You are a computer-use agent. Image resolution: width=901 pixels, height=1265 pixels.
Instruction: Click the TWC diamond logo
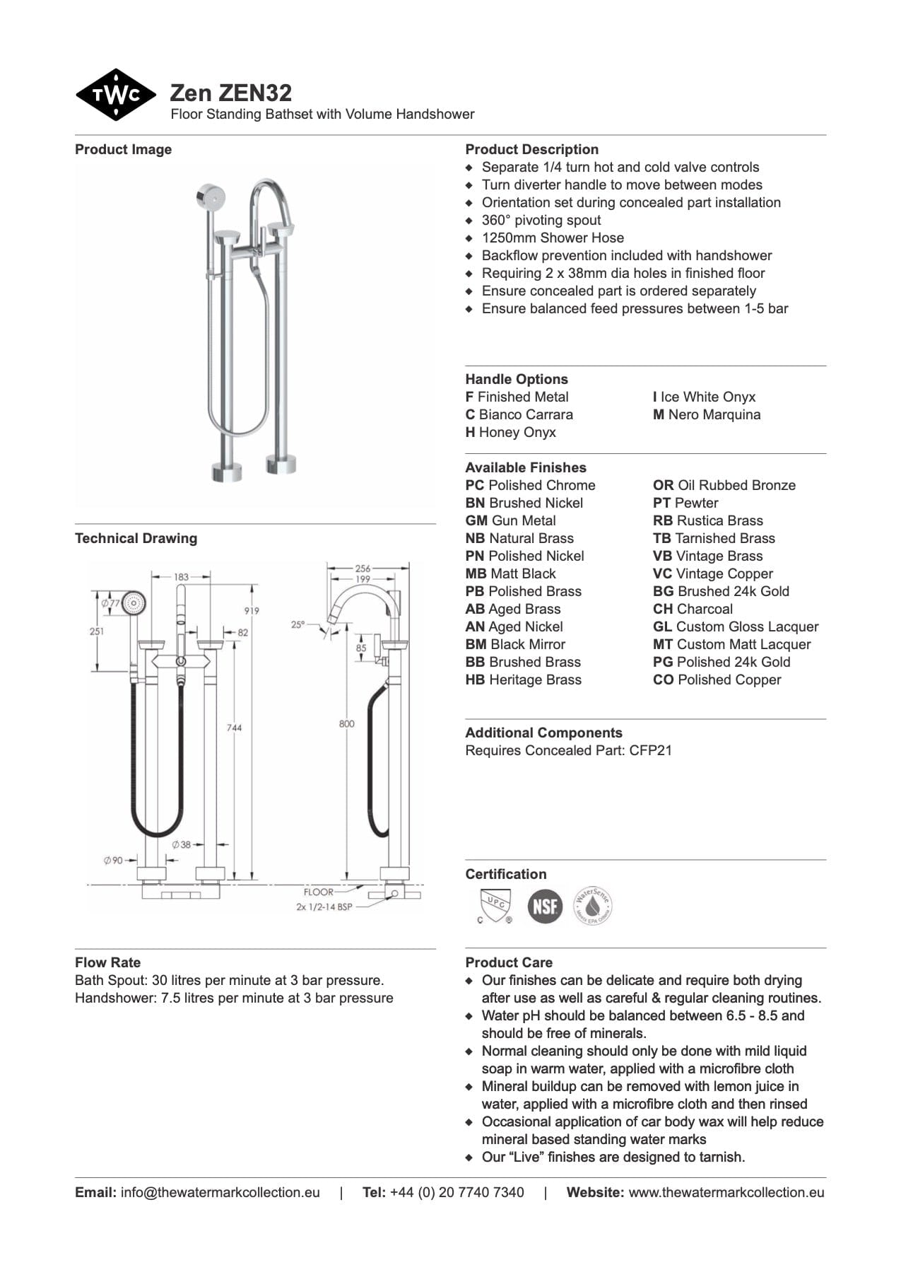(115, 95)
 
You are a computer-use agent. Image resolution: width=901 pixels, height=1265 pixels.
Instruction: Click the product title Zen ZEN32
(230, 93)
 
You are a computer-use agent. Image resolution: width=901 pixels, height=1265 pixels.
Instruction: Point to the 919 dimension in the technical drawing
(251, 610)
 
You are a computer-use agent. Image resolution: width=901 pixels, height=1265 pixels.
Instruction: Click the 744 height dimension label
(234, 727)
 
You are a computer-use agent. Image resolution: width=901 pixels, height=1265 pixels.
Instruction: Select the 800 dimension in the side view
(346, 723)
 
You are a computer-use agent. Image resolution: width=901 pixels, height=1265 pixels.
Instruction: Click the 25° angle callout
(298, 624)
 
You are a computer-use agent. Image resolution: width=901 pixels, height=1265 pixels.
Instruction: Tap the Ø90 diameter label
(113, 860)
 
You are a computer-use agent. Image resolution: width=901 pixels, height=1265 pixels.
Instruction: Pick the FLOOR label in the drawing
(318, 892)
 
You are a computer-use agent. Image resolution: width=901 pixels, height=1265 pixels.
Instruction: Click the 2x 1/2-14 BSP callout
(324, 907)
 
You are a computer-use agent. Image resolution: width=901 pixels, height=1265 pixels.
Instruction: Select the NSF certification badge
(545, 906)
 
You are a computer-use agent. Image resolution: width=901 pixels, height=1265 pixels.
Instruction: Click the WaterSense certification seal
(592, 906)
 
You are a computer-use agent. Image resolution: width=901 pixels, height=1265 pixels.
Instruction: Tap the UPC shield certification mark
(495, 906)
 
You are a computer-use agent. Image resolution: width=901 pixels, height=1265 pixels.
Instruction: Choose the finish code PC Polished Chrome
(530, 485)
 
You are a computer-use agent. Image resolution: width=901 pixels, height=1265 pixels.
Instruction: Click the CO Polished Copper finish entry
(717, 680)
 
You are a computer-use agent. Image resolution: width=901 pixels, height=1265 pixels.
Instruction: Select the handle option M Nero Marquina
(706, 414)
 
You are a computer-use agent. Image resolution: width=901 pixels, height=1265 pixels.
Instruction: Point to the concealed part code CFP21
(650, 750)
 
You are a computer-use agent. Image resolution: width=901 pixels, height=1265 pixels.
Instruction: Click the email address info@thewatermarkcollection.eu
(220, 1192)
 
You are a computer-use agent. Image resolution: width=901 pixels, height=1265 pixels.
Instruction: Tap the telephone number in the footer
(457, 1192)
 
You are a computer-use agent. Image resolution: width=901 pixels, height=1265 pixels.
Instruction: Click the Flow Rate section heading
(107, 962)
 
